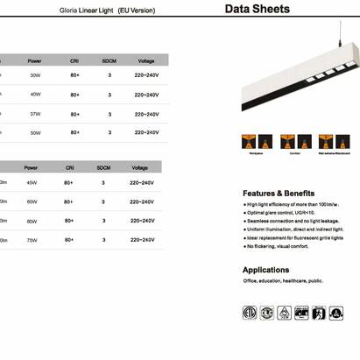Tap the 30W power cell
click(35, 76)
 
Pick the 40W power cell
click(35, 95)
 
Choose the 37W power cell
click(35, 114)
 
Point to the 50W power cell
click(35, 133)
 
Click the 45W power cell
click(32, 183)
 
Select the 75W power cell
click(32, 240)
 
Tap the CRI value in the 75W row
click(68, 240)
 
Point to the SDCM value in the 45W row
click(103, 183)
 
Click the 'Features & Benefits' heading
click(278, 193)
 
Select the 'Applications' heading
click(265, 270)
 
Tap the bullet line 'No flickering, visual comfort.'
click(278, 247)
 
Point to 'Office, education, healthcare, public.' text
click(282, 281)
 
